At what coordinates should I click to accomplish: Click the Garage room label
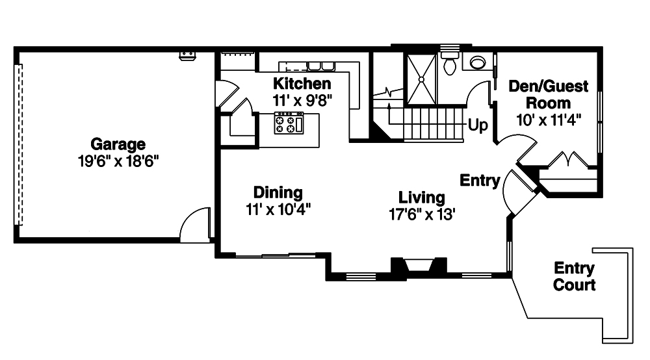[x=118, y=144]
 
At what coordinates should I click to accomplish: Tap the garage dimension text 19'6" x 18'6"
[x=118, y=161]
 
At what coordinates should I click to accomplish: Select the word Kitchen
[x=302, y=84]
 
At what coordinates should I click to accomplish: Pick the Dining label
[x=278, y=192]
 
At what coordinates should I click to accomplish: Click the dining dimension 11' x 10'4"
[x=278, y=209]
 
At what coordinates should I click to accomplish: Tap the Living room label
[x=422, y=198]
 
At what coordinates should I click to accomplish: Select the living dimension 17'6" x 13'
[x=422, y=214]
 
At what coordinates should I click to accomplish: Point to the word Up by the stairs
[x=478, y=126]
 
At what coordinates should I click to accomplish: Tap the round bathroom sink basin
[x=478, y=63]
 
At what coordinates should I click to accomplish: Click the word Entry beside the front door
[x=480, y=181]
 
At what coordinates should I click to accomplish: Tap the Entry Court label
[x=574, y=276]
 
